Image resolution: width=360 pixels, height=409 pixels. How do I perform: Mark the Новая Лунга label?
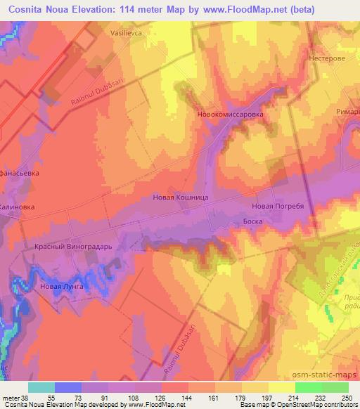coord(62,287)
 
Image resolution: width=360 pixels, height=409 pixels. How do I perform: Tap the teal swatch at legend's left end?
coord(41,387)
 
